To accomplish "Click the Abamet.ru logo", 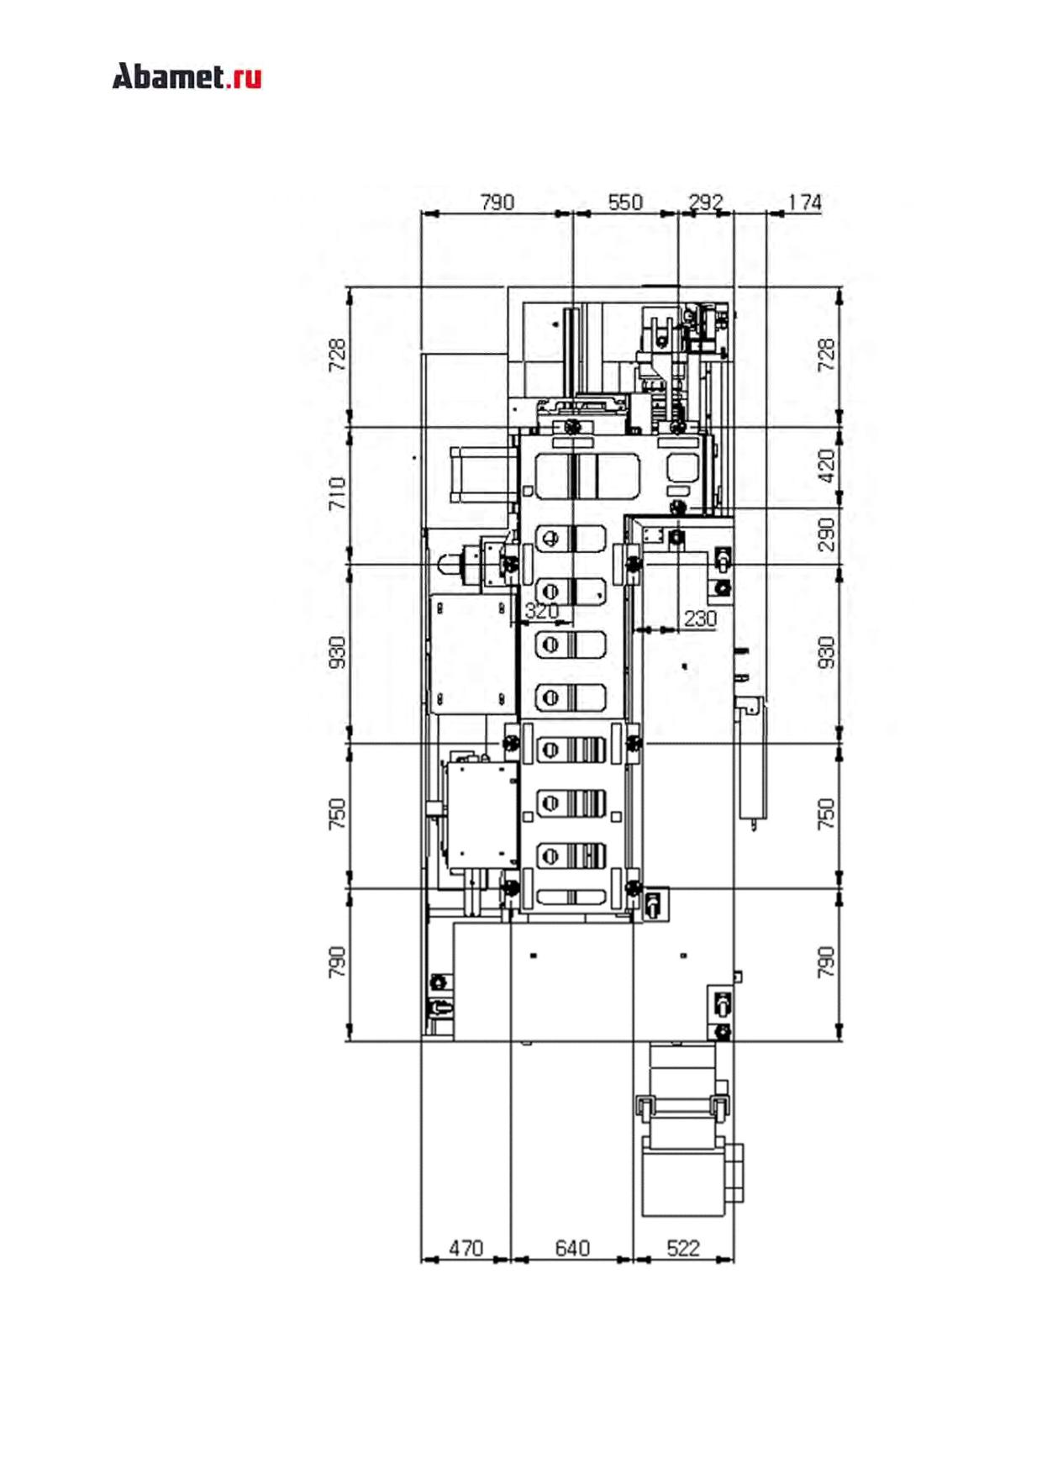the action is pyautogui.click(x=187, y=76).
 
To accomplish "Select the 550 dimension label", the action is pyautogui.click(x=625, y=203).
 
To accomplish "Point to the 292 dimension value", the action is pyautogui.click(x=706, y=203).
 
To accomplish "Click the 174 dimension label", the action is pyautogui.click(x=804, y=203).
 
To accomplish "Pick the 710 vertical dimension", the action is pyautogui.click(x=337, y=493).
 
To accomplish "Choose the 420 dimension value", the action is pyautogui.click(x=827, y=466).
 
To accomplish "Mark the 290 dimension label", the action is pyautogui.click(x=827, y=534).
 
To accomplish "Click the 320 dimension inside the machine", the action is pyautogui.click(x=541, y=611).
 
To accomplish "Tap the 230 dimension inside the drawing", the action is pyautogui.click(x=700, y=619).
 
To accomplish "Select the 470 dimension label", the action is pyautogui.click(x=466, y=1248).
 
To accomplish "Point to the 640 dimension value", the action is pyautogui.click(x=572, y=1248).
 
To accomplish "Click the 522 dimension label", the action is pyautogui.click(x=683, y=1248).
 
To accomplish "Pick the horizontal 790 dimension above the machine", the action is pyautogui.click(x=497, y=203).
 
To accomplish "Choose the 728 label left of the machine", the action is pyautogui.click(x=337, y=355).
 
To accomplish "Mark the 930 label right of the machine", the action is pyautogui.click(x=827, y=653).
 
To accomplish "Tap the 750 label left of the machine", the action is pyautogui.click(x=337, y=814).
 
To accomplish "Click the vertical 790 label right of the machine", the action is pyautogui.click(x=827, y=962).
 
